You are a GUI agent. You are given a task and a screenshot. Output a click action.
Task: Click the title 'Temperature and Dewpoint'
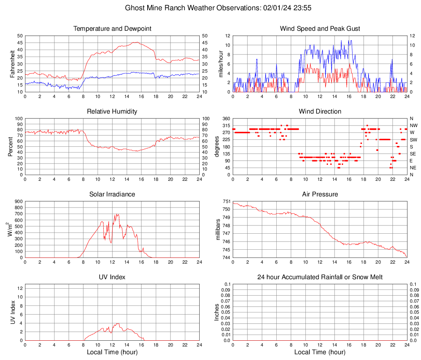coord(112,29)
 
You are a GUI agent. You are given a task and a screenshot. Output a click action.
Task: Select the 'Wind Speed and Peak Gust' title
coord(320,29)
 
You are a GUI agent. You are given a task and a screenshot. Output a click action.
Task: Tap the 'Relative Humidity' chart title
coord(112,112)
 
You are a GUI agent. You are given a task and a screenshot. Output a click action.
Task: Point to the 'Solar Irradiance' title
coord(112,194)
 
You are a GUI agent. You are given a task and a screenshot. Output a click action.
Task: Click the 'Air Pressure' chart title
coord(320,194)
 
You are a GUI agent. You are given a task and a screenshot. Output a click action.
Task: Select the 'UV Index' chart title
coord(112,277)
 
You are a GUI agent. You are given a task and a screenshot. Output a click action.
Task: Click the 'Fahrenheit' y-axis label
coord(12,64)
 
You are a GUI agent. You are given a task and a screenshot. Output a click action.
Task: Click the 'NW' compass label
coord(414,125)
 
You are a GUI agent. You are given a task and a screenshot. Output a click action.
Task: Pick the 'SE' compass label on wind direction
coord(413,154)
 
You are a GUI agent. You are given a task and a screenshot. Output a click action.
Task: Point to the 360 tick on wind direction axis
coord(226,118)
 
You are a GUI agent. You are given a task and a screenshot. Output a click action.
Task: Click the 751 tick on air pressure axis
coord(226,201)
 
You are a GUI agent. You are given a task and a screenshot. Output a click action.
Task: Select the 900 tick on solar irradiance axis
coord(18,201)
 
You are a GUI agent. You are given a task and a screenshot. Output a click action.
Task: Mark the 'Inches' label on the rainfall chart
coord(217,312)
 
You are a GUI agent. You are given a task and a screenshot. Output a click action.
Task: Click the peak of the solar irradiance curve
coord(117,214)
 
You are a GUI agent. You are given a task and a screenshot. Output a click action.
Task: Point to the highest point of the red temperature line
coord(137,42)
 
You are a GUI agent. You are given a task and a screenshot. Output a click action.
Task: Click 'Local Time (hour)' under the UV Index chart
coord(112,352)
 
